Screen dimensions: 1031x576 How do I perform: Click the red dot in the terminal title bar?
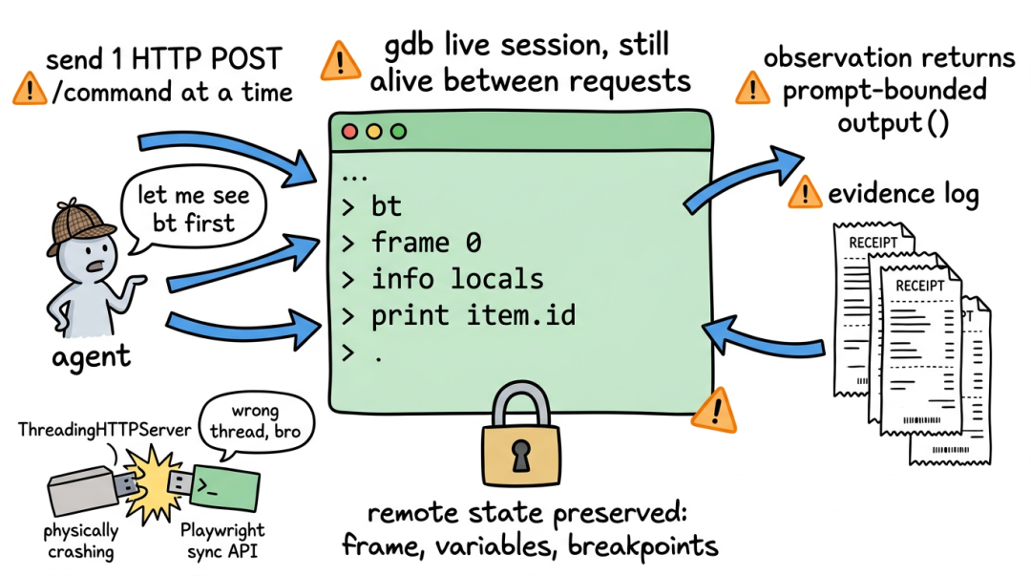pyautogui.click(x=349, y=132)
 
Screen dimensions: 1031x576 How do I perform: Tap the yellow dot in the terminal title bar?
pyautogui.click(x=374, y=132)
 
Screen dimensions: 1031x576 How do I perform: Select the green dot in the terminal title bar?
pyautogui.click(x=398, y=132)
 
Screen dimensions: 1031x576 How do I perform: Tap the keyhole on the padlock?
pyautogui.click(x=521, y=456)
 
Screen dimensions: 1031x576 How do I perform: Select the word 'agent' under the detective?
pyautogui.click(x=92, y=357)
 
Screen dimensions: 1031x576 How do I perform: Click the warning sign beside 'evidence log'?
pyautogui.click(x=804, y=193)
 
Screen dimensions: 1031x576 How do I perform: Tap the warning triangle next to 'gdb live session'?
pyautogui.click(x=340, y=61)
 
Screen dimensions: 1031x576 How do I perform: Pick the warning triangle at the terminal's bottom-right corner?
pyautogui.click(x=715, y=411)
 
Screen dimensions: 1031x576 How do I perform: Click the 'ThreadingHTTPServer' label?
pyautogui.click(x=105, y=430)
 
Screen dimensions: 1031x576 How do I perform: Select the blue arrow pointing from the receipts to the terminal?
pyautogui.click(x=763, y=336)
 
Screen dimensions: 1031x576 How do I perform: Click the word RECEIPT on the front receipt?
pyautogui.click(x=919, y=287)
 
